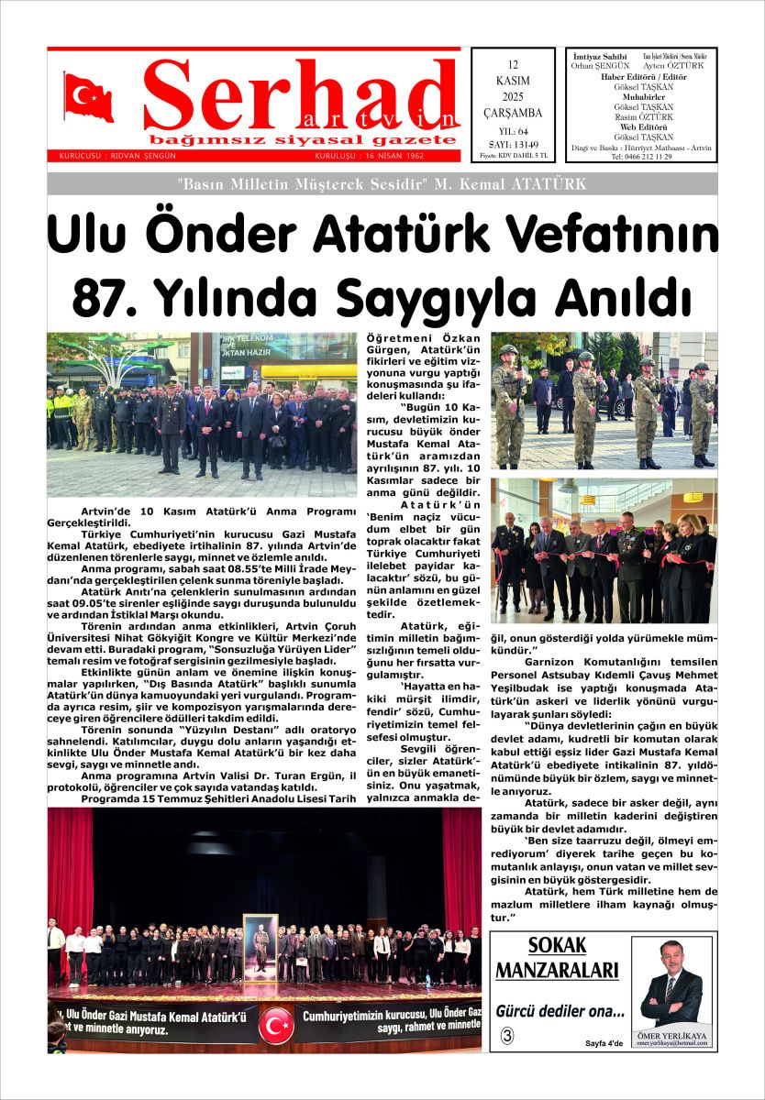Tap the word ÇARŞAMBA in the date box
(x=513, y=113)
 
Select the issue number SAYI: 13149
(x=513, y=144)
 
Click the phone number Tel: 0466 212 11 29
(x=641, y=157)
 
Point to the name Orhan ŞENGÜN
(x=600, y=66)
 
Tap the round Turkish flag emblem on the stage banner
(x=275, y=1025)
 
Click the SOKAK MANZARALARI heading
(x=558, y=959)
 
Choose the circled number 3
(x=507, y=1037)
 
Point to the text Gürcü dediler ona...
(x=560, y=1012)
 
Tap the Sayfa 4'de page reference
(x=604, y=1043)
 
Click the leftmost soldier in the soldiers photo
(x=509, y=403)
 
